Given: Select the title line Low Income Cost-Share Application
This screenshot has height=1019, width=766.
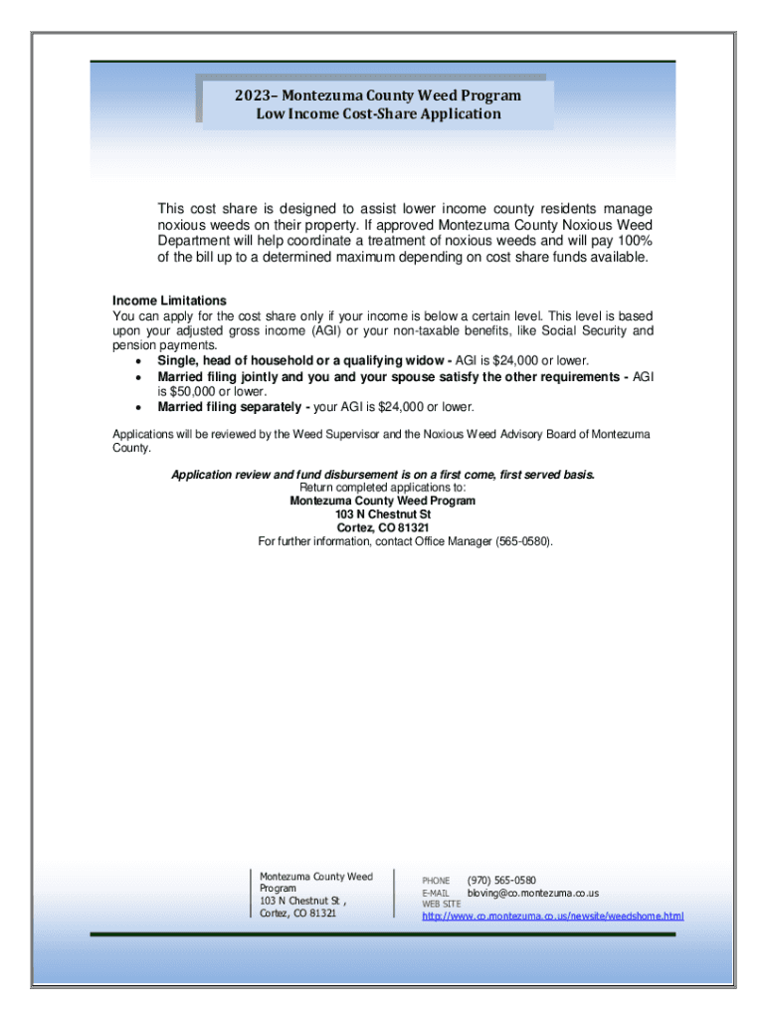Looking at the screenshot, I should click(x=378, y=113).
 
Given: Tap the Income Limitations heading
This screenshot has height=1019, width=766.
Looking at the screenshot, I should click(x=169, y=301).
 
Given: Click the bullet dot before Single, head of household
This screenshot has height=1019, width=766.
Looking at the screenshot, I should click(x=136, y=360).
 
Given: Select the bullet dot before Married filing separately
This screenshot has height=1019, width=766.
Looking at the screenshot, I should click(x=136, y=408).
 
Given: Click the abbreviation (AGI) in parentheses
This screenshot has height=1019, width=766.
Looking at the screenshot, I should click(x=328, y=330).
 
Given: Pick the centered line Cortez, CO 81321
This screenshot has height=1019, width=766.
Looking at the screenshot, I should click(x=383, y=527).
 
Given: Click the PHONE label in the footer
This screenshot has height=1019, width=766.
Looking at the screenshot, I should click(x=436, y=882).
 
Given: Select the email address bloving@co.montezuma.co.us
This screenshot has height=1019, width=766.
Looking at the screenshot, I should click(x=533, y=894).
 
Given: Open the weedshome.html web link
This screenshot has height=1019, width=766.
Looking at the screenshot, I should click(x=552, y=916).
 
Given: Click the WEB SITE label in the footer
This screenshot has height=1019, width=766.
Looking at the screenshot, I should click(x=442, y=904).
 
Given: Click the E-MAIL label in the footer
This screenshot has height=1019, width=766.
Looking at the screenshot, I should click(x=436, y=894).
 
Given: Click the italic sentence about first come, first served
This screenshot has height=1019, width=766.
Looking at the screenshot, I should click(x=383, y=475).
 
